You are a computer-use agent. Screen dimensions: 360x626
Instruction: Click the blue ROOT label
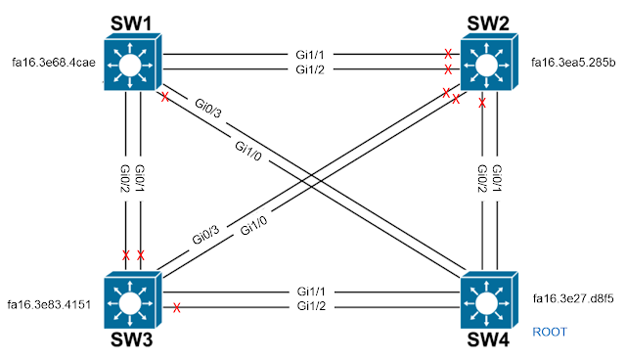coord(550,333)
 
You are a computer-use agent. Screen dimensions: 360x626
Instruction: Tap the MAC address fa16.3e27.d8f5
coord(573,298)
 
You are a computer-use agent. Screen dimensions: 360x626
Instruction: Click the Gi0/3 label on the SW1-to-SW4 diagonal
coord(208,109)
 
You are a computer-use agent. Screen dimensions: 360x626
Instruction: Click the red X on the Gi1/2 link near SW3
coord(177,308)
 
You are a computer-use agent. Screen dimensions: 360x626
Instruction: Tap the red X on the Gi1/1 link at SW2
coord(448,53)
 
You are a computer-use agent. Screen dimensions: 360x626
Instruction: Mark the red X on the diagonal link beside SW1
coord(164,97)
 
